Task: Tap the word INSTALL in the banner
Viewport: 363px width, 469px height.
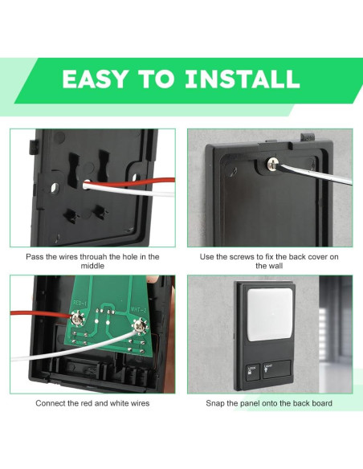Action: pyautogui.click(x=243, y=79)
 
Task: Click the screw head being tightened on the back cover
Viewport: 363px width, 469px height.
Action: pyautogui.click(x=272, y=163)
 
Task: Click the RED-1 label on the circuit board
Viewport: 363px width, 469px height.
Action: pyautogui.click(x=80, y=304)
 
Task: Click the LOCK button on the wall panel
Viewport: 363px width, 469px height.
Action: pyautogui.click(x=253, y=372)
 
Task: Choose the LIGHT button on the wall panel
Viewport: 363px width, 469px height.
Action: pyautogui.click(x=276, y=369)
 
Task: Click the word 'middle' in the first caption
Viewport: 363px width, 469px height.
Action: pyautogui.click(x=92, y=266)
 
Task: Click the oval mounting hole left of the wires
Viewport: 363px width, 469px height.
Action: pyautogui.click(x=55, y=188)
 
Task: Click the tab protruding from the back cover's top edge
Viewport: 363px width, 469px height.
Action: pyautogui.click(x=308, y=137)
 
